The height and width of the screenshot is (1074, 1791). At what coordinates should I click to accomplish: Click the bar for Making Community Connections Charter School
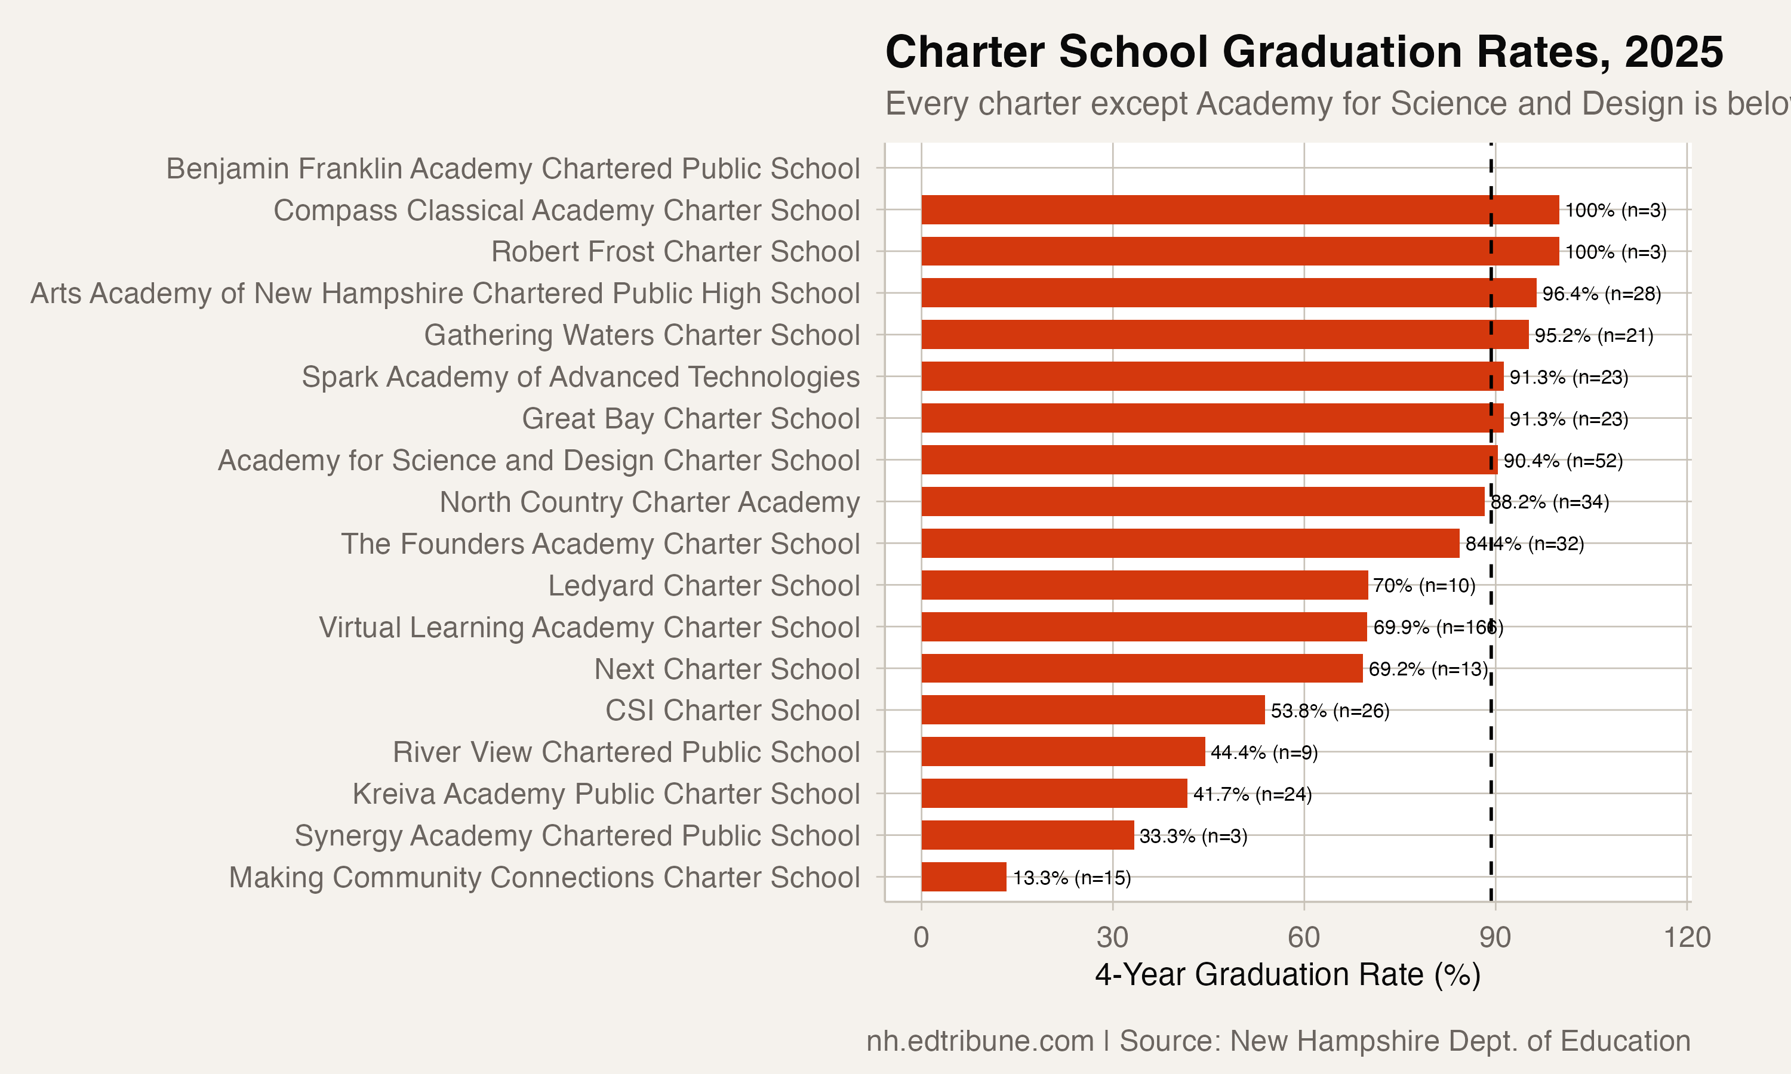[x=964, y=877]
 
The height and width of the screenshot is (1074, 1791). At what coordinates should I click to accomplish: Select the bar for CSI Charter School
[x=1093, y=710]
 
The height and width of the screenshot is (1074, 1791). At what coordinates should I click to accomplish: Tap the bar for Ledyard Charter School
[x=1144, y=585]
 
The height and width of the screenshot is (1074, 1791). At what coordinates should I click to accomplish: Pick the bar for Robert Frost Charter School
[x=1239, y=251]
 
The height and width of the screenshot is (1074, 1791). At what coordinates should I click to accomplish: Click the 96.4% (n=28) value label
[x=1601, y=294]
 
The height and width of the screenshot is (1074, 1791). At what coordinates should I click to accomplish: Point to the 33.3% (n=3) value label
[x=1193, y=836]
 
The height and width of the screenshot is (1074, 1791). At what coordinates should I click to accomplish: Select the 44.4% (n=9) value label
[x=1264, y=752]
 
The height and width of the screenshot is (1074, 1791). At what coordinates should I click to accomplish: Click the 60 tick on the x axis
[x=1304, y=937]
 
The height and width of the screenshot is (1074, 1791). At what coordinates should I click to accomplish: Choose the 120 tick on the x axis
[x=1687, y=937]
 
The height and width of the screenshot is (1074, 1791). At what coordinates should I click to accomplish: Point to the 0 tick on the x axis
[x=921, y=937]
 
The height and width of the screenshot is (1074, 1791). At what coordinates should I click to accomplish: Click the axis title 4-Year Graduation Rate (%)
[x=1287, y=975]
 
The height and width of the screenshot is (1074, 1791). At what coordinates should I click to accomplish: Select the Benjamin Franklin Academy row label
[x=513, y=169]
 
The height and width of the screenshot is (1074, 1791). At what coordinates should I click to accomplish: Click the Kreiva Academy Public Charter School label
[x=606, y=794]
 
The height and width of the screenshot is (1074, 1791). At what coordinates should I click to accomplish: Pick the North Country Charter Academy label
[x=650, y=502]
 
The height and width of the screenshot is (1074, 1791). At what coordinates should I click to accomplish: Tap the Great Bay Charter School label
[x=691, y=418]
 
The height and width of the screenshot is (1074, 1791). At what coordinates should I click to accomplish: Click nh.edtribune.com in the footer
[x=980, y=1041]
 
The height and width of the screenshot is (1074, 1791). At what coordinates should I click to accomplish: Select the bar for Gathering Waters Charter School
[x=1224, y=334]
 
